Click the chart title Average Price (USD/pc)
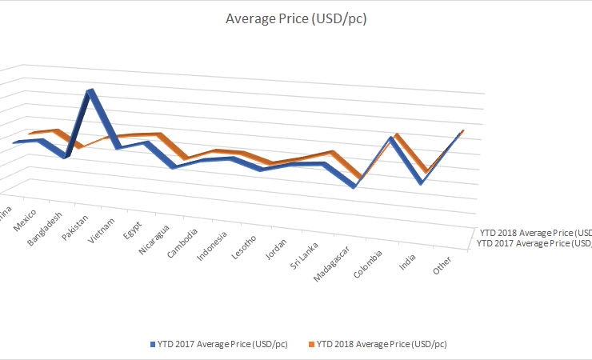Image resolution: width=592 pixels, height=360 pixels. point(296,18)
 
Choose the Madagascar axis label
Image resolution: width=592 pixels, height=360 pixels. point(330,262)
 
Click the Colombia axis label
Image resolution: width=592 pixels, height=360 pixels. point(369,263)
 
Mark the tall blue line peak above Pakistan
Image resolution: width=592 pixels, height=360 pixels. point(91,92)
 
